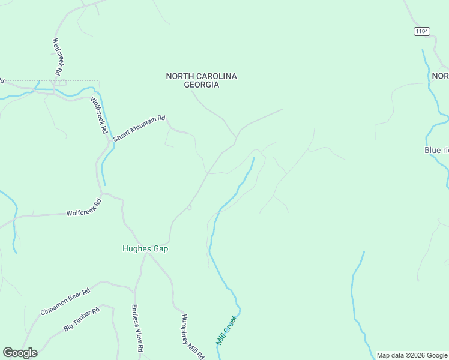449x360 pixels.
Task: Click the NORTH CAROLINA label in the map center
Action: point(201,76)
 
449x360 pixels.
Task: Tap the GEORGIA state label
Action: point(201,85)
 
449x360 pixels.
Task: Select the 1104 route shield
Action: point(422,31)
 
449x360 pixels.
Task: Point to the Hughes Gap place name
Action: point(145,249)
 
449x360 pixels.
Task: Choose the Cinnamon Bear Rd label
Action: point(65,301)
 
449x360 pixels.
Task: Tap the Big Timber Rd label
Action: point(81,320)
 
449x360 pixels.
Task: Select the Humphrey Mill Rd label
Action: point(193,337)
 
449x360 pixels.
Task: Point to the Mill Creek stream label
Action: point(227,329)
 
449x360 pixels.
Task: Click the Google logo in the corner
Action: point(20,353)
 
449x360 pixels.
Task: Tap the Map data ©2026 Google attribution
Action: point(412,356)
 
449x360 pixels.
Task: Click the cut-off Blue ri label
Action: point(436,150)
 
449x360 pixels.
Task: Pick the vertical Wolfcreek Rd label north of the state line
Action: point(58,56)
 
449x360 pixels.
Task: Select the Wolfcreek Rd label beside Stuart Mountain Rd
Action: point(98,115)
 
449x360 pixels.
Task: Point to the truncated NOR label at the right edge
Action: point(440,76)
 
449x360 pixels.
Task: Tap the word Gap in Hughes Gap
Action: point(160,249)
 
